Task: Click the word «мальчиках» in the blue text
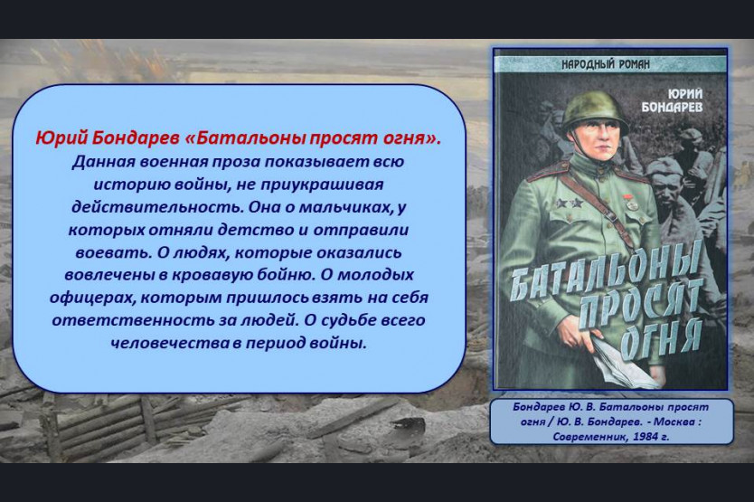click(345, 207)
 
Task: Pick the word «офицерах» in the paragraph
click(92, 298)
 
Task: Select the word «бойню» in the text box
click(284, 275)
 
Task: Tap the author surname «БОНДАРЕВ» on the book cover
click(672, 107)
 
